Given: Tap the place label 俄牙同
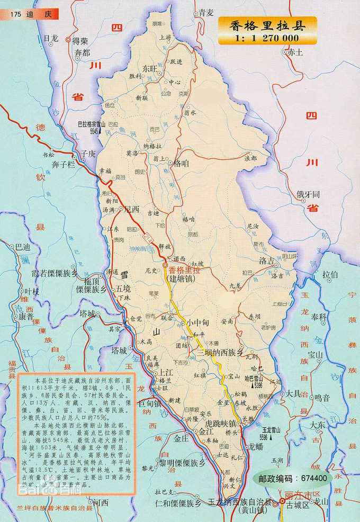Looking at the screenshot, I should pyautogui.click(x=308, y=194).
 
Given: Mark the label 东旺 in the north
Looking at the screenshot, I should pyautogui.click(x=150, y=68).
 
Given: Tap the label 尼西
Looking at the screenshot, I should pyautogui.click(x=130, y=209).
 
